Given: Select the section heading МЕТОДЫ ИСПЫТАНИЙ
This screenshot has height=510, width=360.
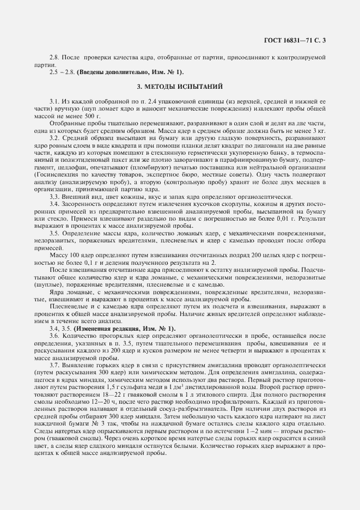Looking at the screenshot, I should pyautogui.click(x=179, y=87).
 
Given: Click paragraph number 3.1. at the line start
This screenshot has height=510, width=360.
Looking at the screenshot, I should pyautogui.click(x=55, y=101).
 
